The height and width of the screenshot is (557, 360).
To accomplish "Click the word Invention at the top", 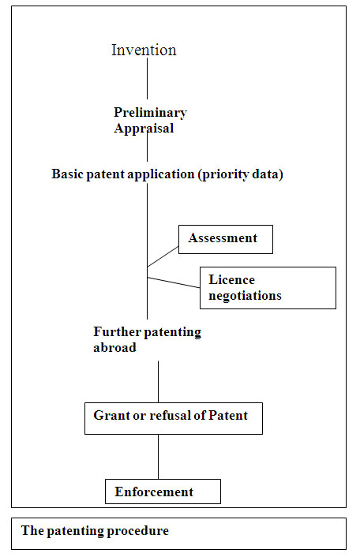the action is (x=144, y=50).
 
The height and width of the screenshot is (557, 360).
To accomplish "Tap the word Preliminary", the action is (x=150, y=113).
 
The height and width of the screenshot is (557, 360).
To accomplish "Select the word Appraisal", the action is (x=144, y=129).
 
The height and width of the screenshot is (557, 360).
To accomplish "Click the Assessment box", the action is (x=226, y=239).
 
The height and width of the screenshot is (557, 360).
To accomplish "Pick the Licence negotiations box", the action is (x=268, y=288).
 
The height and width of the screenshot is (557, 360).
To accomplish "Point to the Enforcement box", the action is (x=163, y=492).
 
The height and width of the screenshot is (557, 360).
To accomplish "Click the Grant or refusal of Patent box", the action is (x=174, y=418).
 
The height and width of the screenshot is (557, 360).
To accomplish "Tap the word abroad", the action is (x=114, y=347).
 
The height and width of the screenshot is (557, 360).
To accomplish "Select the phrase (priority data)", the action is (x=241, y=174).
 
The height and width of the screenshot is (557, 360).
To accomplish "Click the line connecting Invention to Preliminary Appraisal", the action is (x=147, y=79).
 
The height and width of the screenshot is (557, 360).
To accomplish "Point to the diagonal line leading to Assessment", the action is (x=163, y=256).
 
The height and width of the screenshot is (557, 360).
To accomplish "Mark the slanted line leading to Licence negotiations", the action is (x=174, y=282).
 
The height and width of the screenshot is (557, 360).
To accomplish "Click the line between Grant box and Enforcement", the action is (x=158, y=457).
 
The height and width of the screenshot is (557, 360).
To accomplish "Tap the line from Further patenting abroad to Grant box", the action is (x=158, y=382).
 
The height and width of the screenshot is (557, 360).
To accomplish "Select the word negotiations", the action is (x=245, y=296).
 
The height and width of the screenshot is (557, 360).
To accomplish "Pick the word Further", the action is (x=117, y=331).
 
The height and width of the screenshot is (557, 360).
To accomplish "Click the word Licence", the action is (x=231, y=279).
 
